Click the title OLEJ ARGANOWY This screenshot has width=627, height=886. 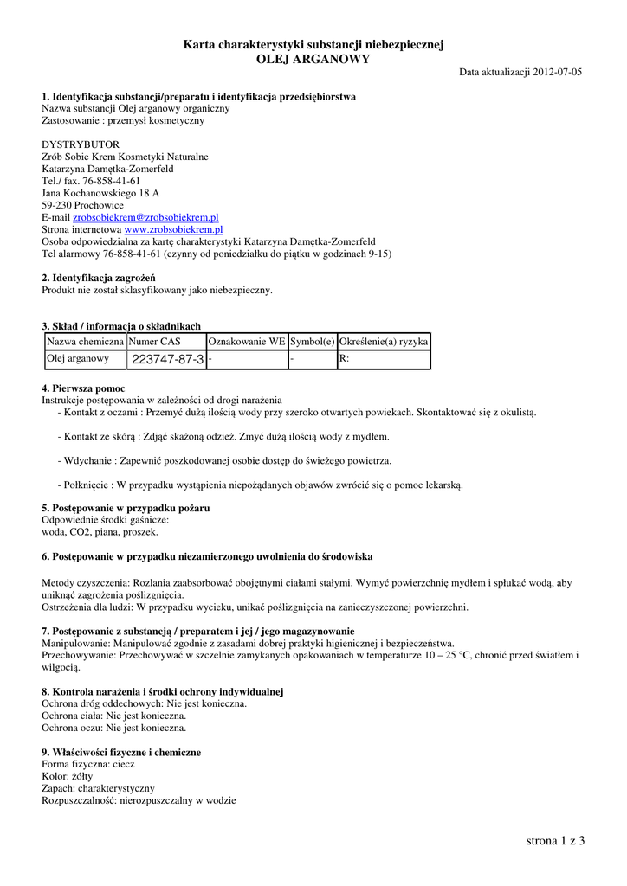(313, 59)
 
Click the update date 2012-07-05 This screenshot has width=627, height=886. (558, 72)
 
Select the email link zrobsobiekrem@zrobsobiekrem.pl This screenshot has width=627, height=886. (145, 218)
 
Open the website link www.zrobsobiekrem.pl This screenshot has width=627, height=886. (173, 230)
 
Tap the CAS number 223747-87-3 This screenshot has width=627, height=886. (167, 359)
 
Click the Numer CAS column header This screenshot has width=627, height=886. (154, 342)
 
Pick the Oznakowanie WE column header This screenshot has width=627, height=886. (247, 342)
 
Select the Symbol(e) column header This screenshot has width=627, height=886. (312, 342)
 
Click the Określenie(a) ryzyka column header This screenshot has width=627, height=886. (384, 342)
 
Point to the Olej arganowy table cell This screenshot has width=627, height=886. (78, 358)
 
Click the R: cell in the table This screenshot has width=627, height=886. (344, 358)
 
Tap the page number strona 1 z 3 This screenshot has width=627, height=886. (555, 840)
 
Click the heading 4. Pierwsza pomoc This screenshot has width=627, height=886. (83, 388)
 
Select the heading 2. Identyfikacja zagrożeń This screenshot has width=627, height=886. (98, 278)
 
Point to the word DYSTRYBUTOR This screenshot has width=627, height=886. (81, 144)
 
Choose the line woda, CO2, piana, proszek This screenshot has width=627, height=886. (100, 532)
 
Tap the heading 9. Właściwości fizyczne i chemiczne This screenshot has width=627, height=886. (121, 753)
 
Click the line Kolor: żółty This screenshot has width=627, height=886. (68, 777)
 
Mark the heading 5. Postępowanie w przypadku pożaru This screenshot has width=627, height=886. (126, 508)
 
